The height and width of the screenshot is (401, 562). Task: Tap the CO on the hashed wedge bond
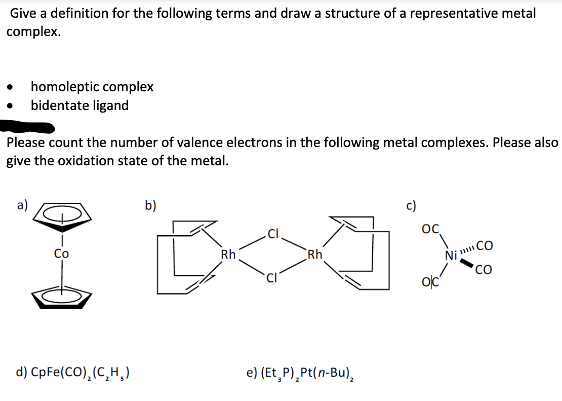pyautogui.click(x=484, y=246)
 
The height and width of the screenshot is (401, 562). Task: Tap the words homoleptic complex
pyautogui.click(x=92, y=87)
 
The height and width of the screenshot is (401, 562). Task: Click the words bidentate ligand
pyautogui.click(x=79, y=105)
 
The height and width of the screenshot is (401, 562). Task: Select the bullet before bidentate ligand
pyautogui.click(x=10, y=106)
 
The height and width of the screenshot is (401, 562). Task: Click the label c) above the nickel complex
pyautogui.click(x=411, y=205)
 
